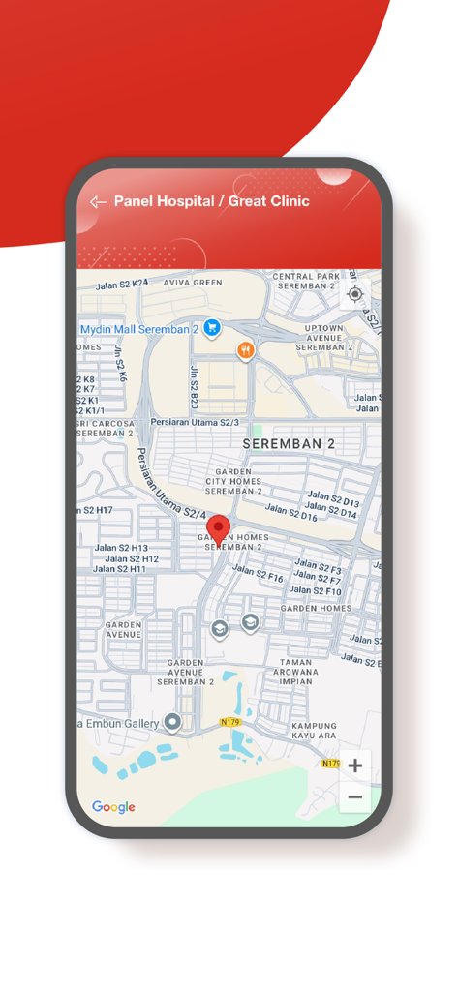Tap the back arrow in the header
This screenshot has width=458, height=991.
[98, 202]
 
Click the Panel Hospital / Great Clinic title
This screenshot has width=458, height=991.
[212, 201]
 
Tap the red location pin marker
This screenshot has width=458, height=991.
[220, 529]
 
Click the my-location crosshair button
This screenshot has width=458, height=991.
[354, 294]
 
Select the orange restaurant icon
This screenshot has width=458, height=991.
[246, 350]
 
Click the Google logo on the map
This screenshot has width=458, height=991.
[113, 807]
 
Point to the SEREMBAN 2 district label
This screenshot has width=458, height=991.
[289, 444]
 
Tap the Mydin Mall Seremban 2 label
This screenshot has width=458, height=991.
[138, 329]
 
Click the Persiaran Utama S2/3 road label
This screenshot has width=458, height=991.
[195, 423]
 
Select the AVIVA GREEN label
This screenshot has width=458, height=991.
[193, 283]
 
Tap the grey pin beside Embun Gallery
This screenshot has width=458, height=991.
[172, 722]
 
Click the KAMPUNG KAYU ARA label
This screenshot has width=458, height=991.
[314, 731]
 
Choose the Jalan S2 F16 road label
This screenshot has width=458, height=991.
[258, 574]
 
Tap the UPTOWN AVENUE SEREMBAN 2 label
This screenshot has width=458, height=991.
[323, 338]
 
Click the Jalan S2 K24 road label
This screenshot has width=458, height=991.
[122, 285]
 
